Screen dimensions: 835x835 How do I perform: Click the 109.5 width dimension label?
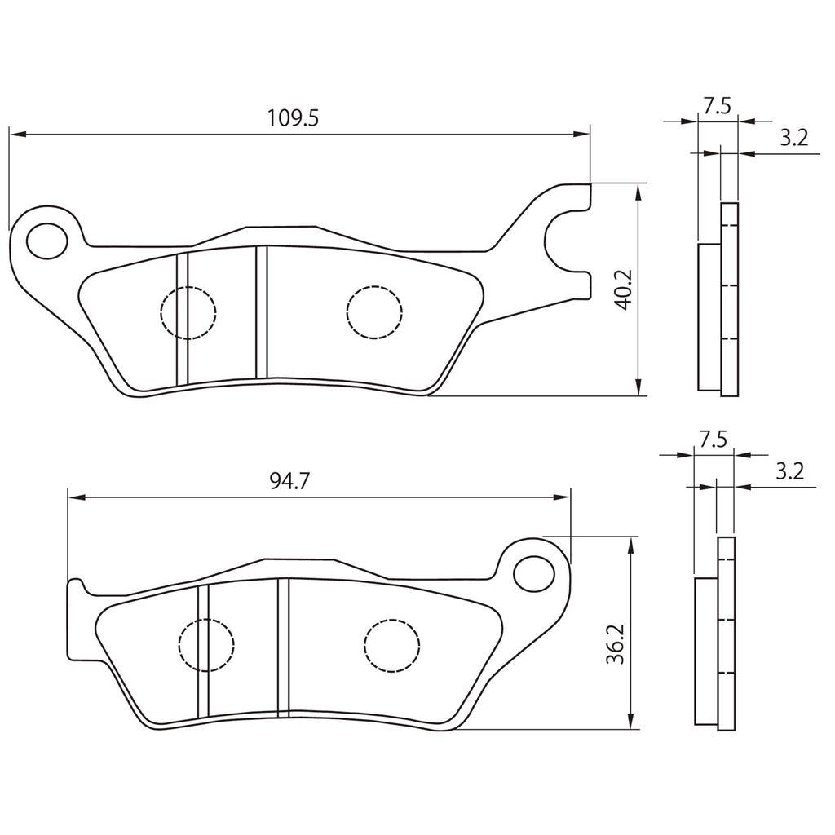pyautogui.click(x=293, y=117)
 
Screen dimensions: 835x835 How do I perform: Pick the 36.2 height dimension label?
pyautogui.click(x=616, y=644)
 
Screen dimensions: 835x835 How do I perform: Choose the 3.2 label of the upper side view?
pyautogui.click(x=793, y=137)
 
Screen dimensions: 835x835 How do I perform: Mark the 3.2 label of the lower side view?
pyautogui.click(x=789, y=471)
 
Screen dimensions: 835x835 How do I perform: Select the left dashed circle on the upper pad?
pyautogui.click(x=188, y=311)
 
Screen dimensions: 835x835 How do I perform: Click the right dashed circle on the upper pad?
pyautogui.click(x=374, y=311)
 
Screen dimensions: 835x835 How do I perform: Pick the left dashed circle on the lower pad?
pyautogui.click(x=205, y=645)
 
